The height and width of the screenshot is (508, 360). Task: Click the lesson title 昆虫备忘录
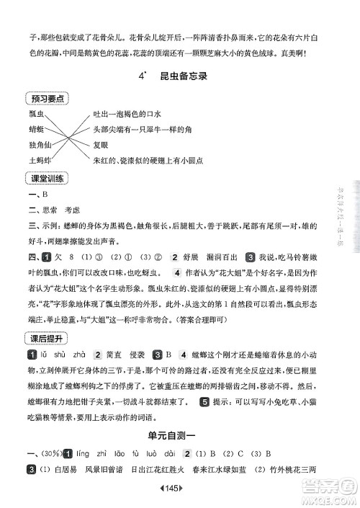190,76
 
